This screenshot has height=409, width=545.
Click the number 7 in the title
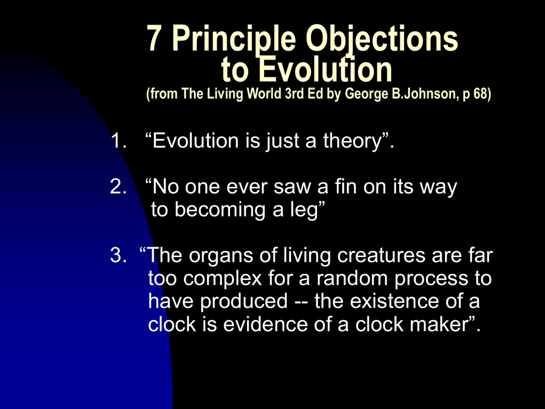[153, 38]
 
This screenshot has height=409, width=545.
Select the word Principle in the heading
[234, 40]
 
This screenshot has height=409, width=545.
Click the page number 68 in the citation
[481, 94]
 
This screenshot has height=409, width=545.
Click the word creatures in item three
[381, 255]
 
